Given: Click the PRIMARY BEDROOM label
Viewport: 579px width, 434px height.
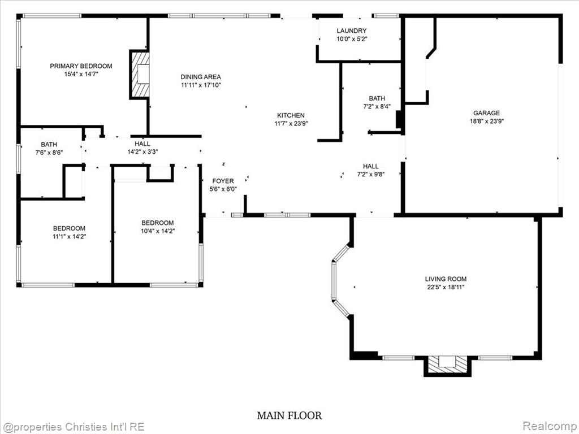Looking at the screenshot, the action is click(81, 66).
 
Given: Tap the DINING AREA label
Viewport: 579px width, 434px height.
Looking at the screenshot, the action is click(201, 77).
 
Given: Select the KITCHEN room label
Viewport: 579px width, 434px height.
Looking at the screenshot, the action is click(291, 115).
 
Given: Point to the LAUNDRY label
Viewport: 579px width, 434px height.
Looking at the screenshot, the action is click(352, 31).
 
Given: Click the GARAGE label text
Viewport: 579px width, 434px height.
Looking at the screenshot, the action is click(487, 113).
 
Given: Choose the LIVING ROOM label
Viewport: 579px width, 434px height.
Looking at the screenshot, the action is click(446, 279).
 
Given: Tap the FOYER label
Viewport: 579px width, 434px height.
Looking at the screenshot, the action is click(223, 181).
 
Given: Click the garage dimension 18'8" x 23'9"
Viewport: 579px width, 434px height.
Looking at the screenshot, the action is click(487, 121).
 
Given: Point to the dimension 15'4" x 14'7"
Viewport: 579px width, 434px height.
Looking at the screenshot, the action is click(81, 74).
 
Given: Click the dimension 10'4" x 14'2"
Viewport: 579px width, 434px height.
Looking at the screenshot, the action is click(158, 231).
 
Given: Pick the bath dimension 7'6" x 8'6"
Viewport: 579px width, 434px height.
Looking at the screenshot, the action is click(49, 152).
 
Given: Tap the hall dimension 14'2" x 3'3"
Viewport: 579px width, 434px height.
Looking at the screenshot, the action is click(142, 151).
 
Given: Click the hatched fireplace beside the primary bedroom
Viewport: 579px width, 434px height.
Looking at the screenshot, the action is click(140, 75).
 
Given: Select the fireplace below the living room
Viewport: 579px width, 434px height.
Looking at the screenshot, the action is click(448, 366).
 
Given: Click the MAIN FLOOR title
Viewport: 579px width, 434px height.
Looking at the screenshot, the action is click(289, 415).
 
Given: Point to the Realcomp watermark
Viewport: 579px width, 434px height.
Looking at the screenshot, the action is click(549, 426).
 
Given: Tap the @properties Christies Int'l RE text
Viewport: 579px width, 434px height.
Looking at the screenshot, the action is click(73, 427).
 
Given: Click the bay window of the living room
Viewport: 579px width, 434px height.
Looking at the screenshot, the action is click(340, 280).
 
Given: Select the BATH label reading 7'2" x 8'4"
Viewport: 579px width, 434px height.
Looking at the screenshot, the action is click(377, 102).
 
